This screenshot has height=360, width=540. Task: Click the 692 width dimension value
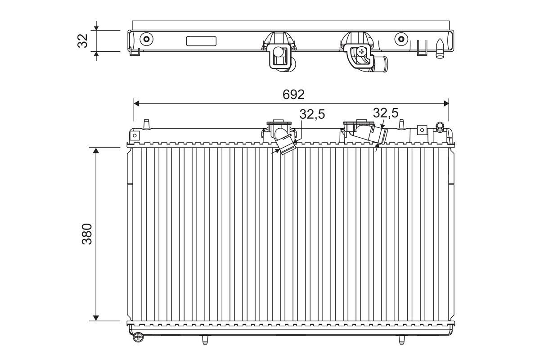point(293,94)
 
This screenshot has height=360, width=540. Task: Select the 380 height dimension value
point(87,234)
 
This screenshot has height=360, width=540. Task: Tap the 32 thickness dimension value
point(82,41)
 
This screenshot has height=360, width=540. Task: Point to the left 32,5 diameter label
point(312,114)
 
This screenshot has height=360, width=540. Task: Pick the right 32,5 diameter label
point(386,113)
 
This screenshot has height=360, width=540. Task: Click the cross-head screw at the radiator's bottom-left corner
point(138,337)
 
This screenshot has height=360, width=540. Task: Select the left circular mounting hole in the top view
point(146,39)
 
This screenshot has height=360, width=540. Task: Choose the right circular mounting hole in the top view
point(401,39)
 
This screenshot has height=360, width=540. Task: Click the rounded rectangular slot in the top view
point(201,41)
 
